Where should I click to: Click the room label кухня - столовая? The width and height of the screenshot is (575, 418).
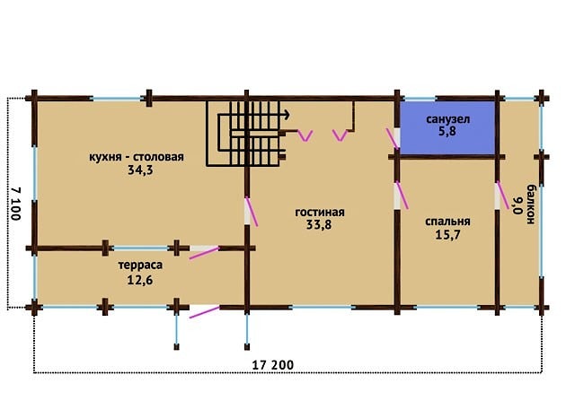(137, 157)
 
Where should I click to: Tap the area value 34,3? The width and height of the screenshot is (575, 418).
(140, 170)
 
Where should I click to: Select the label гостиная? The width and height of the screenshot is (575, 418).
(320, 212)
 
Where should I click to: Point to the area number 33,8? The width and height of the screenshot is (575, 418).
(319, 224)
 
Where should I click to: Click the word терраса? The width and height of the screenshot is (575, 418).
(140, 265)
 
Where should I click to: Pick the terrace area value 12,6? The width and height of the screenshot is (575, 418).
(140, 280)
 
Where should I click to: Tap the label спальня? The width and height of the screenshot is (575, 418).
(447, 222)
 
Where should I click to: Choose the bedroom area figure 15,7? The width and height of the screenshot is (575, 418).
(447, 235)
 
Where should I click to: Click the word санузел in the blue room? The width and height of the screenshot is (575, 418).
(447, 119)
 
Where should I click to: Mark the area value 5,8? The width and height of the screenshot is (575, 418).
(447, 131)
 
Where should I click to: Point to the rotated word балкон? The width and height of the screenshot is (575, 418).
(531, 205)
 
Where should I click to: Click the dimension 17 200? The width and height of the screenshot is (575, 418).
(273, 365)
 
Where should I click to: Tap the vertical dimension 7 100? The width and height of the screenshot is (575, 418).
(15, 204)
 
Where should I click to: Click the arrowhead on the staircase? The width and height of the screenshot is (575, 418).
(287, 115)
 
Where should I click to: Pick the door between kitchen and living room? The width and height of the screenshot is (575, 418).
(252, 212)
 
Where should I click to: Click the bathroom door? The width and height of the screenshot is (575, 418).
(394, 138)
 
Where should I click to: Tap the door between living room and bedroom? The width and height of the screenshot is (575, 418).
(402, 196)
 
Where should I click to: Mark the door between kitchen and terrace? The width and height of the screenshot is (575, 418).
(204, 253)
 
